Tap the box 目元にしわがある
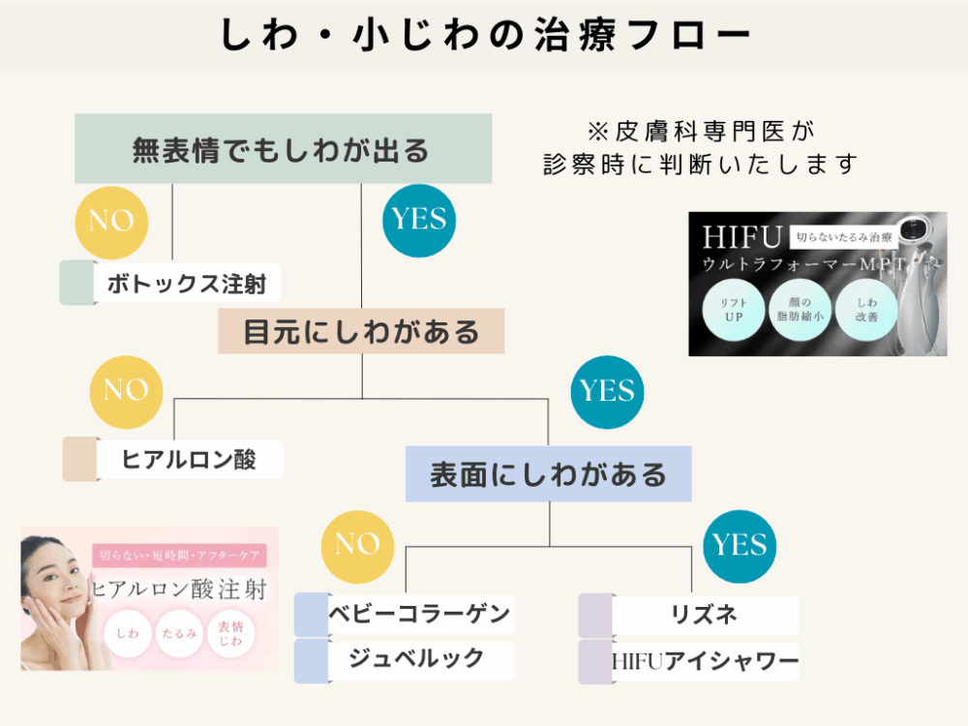(x=361, y=331)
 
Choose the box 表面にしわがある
(x=548, y=474)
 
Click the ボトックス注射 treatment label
(x=188, y=285)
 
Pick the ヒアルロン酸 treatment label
(x=189, y=459)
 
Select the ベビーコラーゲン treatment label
(x=418, y=614)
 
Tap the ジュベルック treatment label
(x=418, y=659)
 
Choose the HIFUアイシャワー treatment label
(x=706, y=661)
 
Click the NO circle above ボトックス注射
(x=111, y=221)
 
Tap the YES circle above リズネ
(x=740, y=545)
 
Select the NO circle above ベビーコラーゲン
(x=357, y=545)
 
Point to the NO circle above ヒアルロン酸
(x=125, y=390)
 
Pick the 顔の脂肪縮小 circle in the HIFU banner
(x=800, y=310)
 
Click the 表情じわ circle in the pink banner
(x=230, y=633)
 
